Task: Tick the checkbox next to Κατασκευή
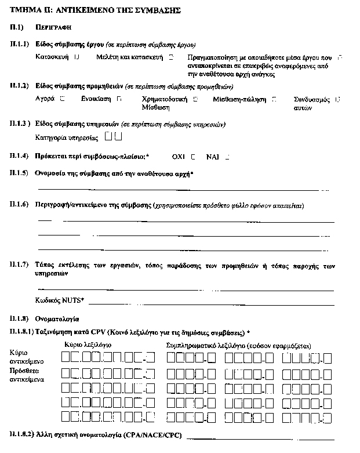pos(77,57)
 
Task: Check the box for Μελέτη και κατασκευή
pos(171,57)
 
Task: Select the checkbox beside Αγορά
pos(62,99)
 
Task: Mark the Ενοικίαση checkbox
pos(119,99)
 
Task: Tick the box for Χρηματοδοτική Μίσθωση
pos(195,99)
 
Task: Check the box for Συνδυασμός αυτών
pos(338,99)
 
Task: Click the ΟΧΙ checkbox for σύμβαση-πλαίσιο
pos(193,157)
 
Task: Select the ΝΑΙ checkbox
pos(228,157)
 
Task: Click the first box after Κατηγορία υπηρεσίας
pos(109,137)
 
